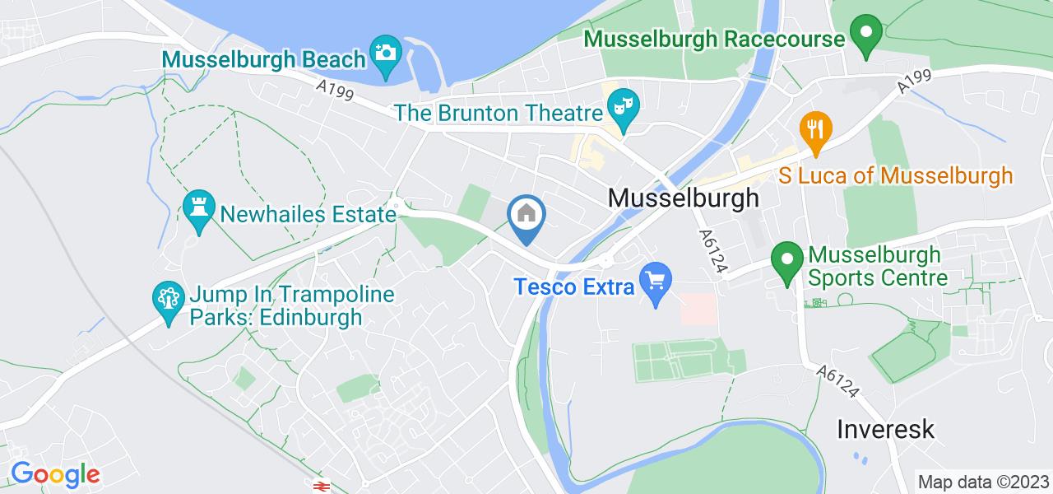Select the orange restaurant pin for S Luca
point(816,130)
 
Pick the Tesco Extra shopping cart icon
point(656,282)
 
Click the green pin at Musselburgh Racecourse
point(865,34)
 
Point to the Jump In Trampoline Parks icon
point(169,298)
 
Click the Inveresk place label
point(885,429)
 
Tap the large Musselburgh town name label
point(683,198)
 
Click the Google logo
point(54,474)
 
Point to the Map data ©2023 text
point(983,481)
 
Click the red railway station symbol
point(319,487)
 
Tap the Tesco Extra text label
point(574,287)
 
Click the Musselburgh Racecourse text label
point(714,39)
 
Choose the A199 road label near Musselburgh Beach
point(334,89)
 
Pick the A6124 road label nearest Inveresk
point(838,383)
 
